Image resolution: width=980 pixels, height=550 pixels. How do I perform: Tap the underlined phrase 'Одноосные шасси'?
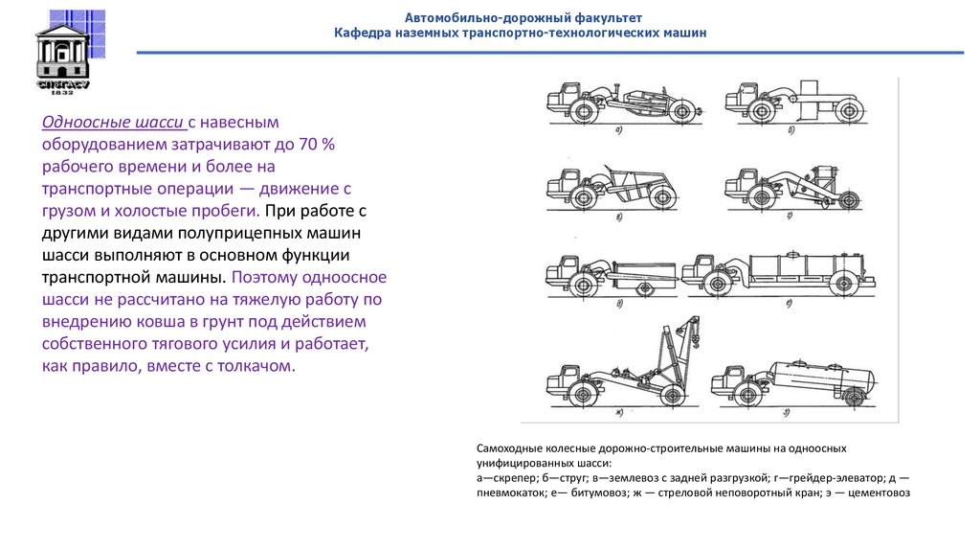point(112,123)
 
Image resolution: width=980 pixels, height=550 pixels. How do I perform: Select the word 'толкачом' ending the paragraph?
point(258,366)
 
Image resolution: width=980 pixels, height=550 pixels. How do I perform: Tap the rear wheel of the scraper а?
point(681,111)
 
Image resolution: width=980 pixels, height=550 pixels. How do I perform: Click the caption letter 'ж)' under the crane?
point(619,412)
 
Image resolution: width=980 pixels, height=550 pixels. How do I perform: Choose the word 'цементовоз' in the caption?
point(878,494)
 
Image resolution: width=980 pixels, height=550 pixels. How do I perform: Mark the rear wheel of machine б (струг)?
point(845,111)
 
